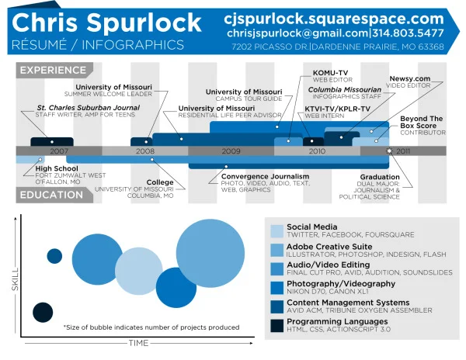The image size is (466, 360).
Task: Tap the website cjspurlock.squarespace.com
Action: tap(333, 17)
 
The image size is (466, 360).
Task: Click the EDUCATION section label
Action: tap(51, 195)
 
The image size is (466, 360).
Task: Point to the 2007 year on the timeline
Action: tap(60, 151)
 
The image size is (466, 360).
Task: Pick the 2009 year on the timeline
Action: tap(231, 151)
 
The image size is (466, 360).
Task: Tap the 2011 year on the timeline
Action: tap(403, 151)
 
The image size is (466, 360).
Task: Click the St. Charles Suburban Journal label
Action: tap(88, 107)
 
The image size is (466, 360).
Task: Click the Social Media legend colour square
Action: tap(276, 230)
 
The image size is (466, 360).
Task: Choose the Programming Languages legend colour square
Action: tap(276, 326)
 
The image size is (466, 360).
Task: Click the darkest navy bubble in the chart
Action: tap(41, 313)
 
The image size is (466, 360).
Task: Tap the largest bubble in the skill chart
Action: tap(212, 254)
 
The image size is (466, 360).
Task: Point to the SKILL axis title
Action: tap(15, 289)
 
